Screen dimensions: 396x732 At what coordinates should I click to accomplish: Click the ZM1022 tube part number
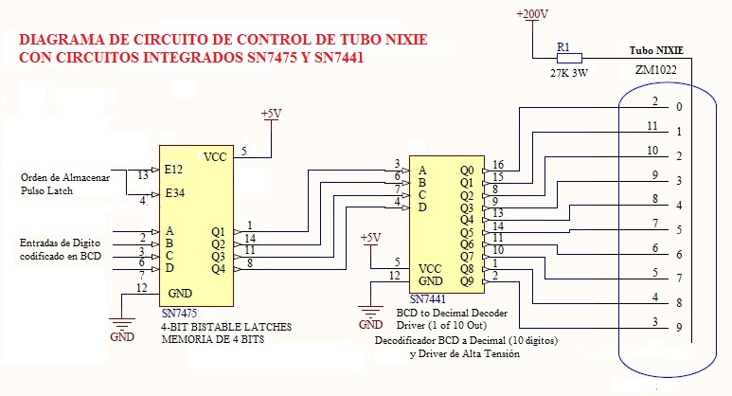pos(657,70)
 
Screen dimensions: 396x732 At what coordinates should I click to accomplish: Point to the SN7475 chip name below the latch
pos(180,314)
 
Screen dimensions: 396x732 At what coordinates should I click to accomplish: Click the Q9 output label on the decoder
pos(466,281)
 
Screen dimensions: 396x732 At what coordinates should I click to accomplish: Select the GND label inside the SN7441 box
pos(431,281)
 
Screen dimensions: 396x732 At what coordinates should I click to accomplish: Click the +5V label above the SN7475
pos(272,114)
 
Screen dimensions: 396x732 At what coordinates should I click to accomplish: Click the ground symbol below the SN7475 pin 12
pos(123,325)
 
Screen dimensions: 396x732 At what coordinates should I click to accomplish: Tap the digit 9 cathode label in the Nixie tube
pos(678,329)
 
